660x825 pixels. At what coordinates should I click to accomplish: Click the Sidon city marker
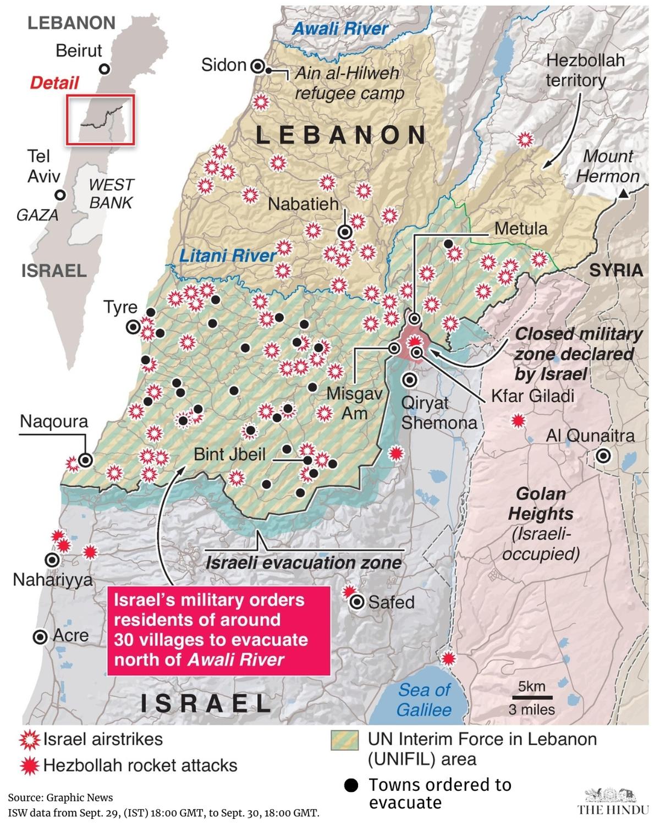257,67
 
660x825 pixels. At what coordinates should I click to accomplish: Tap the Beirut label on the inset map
79,51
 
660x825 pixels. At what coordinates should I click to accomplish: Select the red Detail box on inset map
100,120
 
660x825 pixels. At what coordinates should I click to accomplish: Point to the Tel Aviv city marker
61,195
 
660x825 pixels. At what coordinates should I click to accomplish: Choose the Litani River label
228,255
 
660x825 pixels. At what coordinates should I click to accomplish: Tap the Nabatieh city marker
345,232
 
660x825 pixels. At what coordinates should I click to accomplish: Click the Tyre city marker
133,327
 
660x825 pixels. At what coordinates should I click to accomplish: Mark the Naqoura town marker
85,460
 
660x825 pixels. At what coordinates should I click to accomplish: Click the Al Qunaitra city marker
603,456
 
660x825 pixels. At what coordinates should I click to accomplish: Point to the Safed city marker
358,602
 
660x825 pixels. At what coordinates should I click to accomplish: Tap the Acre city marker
40,637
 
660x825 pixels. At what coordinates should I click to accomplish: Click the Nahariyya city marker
52,560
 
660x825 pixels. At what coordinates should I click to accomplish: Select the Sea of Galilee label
424,700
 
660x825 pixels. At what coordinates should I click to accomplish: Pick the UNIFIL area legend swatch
344,740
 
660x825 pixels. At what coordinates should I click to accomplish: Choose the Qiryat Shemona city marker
409,380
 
